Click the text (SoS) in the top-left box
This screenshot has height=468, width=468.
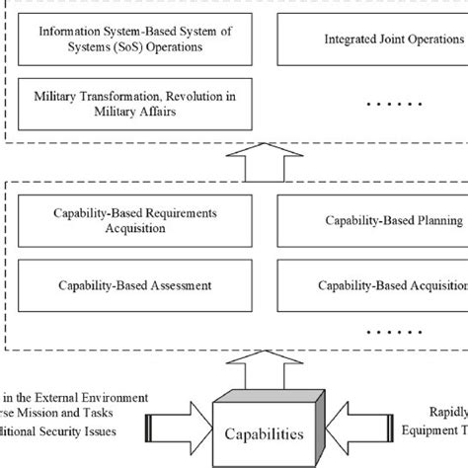pos(104,46)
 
